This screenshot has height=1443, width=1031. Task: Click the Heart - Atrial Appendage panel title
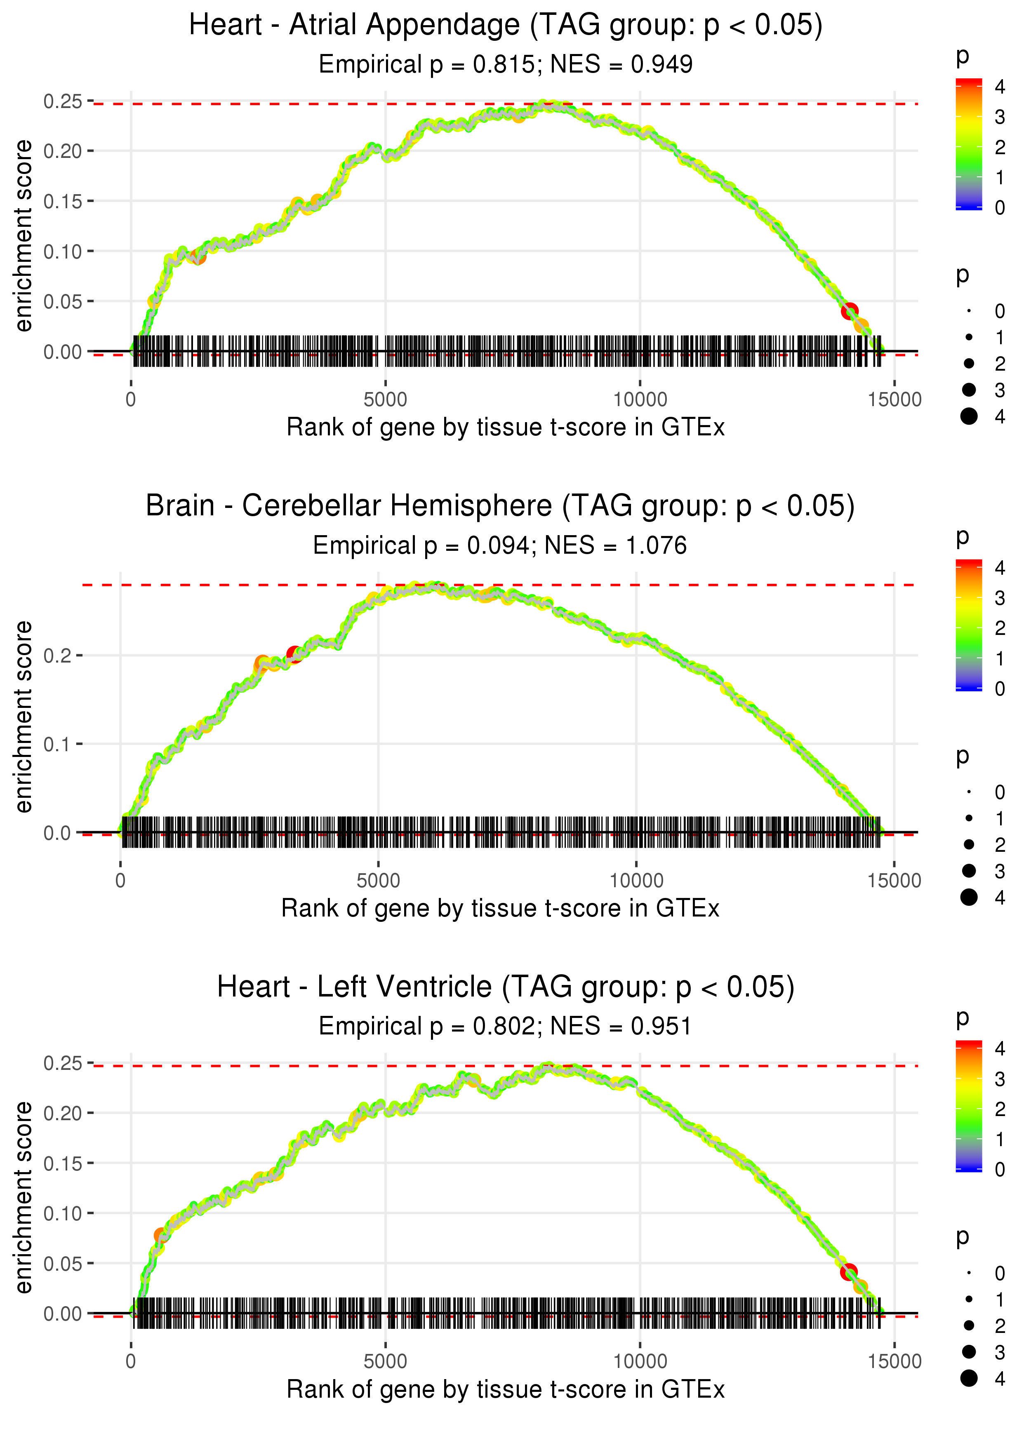[505, 26]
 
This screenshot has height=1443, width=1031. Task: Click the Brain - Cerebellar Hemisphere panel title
[500, 506]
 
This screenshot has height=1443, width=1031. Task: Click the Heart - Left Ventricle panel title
[505, 987]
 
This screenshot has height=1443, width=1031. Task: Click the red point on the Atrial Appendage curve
[850, 311]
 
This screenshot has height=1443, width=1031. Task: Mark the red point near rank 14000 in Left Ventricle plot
[849, 1272]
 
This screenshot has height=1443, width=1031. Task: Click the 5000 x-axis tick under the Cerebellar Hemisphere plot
[378, 881]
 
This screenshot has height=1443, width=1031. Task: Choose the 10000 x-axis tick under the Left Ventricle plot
[640, 1362]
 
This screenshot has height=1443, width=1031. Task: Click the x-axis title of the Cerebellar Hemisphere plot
[500, 909]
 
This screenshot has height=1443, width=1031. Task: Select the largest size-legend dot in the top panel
[969, 416]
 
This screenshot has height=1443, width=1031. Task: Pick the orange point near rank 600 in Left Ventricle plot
[161, 1236]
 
